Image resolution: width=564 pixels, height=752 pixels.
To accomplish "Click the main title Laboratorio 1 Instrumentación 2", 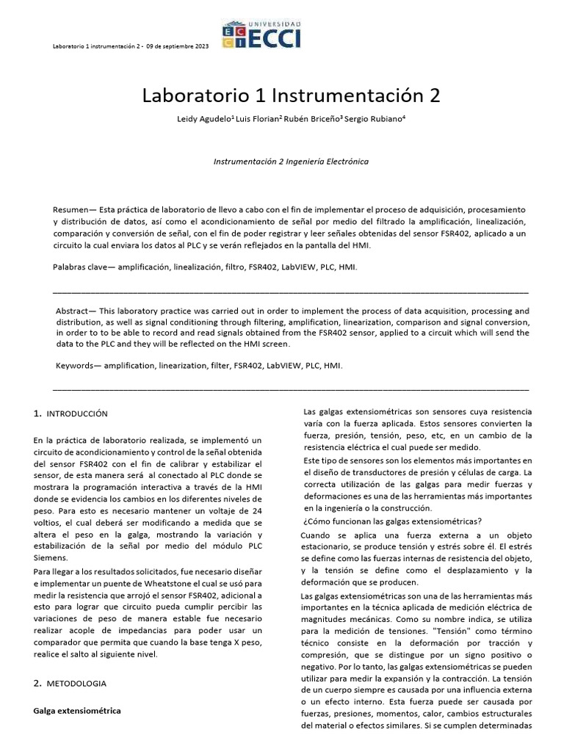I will [x=281, y=96].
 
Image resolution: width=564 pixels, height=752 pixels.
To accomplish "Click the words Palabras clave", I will [x=80, y=267].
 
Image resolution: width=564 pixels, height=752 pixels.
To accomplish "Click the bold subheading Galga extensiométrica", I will [x=77, y=711].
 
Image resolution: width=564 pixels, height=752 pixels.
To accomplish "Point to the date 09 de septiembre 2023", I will [x=177, y=46].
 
